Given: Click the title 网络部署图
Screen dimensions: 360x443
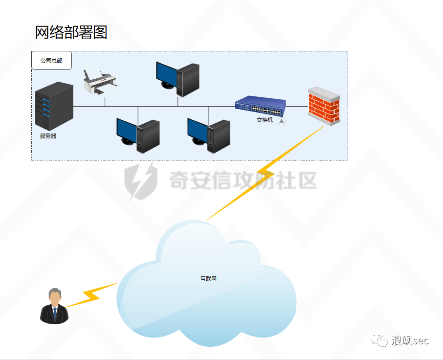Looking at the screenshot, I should coord(71,33).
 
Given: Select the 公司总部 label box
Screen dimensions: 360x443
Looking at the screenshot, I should coord(51,61).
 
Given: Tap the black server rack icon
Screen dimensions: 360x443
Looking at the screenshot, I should coord(54,106).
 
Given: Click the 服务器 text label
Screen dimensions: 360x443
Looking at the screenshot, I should coord(48,136).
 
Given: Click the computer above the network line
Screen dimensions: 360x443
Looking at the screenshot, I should coord(177,78).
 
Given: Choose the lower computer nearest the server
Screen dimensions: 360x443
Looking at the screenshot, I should coord(138,135).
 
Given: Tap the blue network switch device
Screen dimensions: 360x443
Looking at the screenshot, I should coord(260,106).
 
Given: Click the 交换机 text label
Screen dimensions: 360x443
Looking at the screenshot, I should coord(265,120).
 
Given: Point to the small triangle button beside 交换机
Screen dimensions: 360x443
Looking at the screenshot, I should coord(282,121).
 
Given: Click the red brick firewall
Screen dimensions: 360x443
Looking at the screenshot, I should coord(324,106).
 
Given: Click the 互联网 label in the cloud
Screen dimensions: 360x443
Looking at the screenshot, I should coord(208,279).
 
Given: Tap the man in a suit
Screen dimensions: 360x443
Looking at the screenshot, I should coord(54,306).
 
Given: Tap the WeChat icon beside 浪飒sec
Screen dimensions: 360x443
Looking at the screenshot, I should coord(378,340).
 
